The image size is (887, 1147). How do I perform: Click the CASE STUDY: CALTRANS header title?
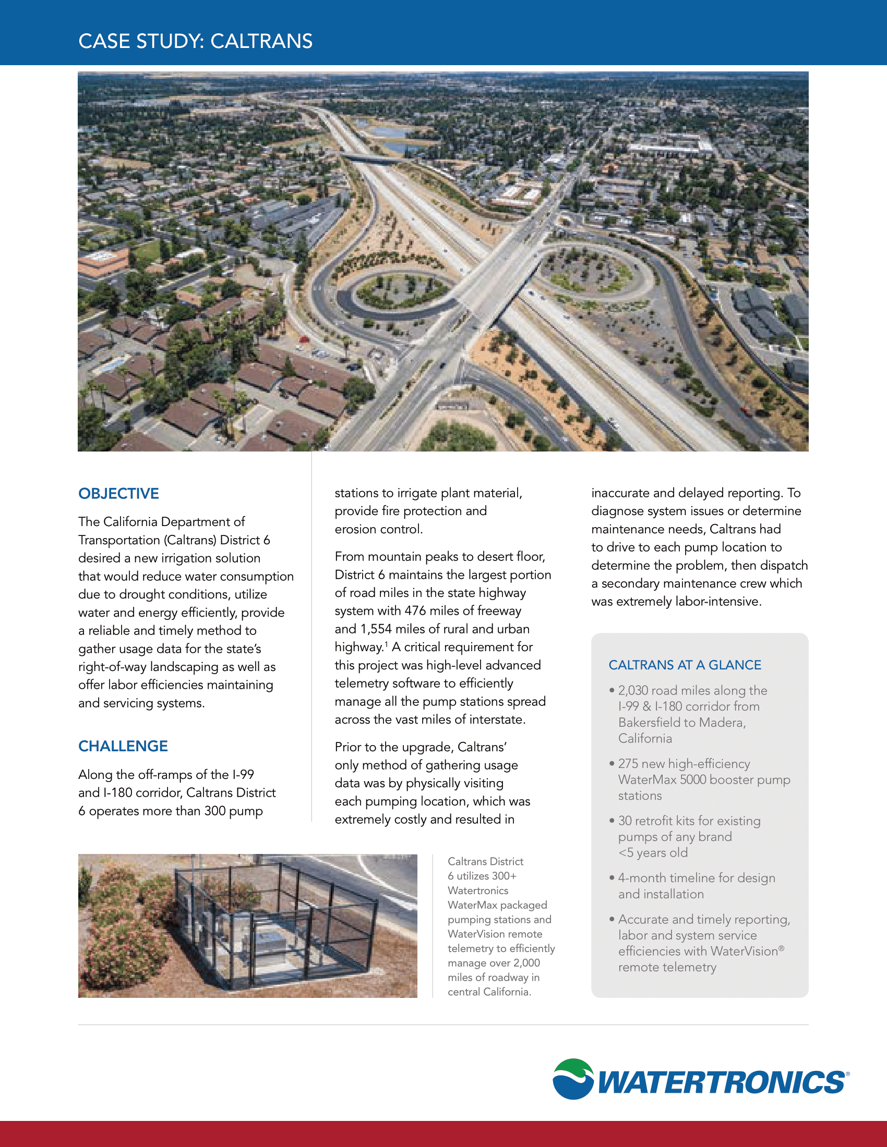click(195, 41)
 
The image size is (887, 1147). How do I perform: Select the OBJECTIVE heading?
click(118, 494)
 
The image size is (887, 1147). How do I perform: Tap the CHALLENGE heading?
click(123, 746)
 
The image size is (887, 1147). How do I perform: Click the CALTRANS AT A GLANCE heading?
click(684, 665)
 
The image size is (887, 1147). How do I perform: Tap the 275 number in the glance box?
click(628, 764)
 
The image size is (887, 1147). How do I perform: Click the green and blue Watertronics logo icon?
click(573, 1079)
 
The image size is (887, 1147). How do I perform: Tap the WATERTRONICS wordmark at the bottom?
click(722, 1083)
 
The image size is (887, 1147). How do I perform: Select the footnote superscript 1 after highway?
click(386, 644)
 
